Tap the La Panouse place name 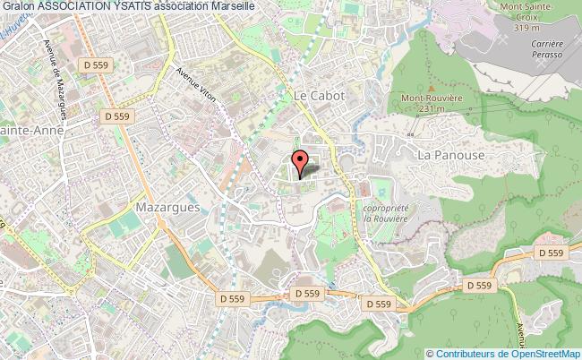[450, 155]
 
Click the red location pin [302, 162]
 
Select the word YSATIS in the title [139, 6]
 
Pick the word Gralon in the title [17, 6]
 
